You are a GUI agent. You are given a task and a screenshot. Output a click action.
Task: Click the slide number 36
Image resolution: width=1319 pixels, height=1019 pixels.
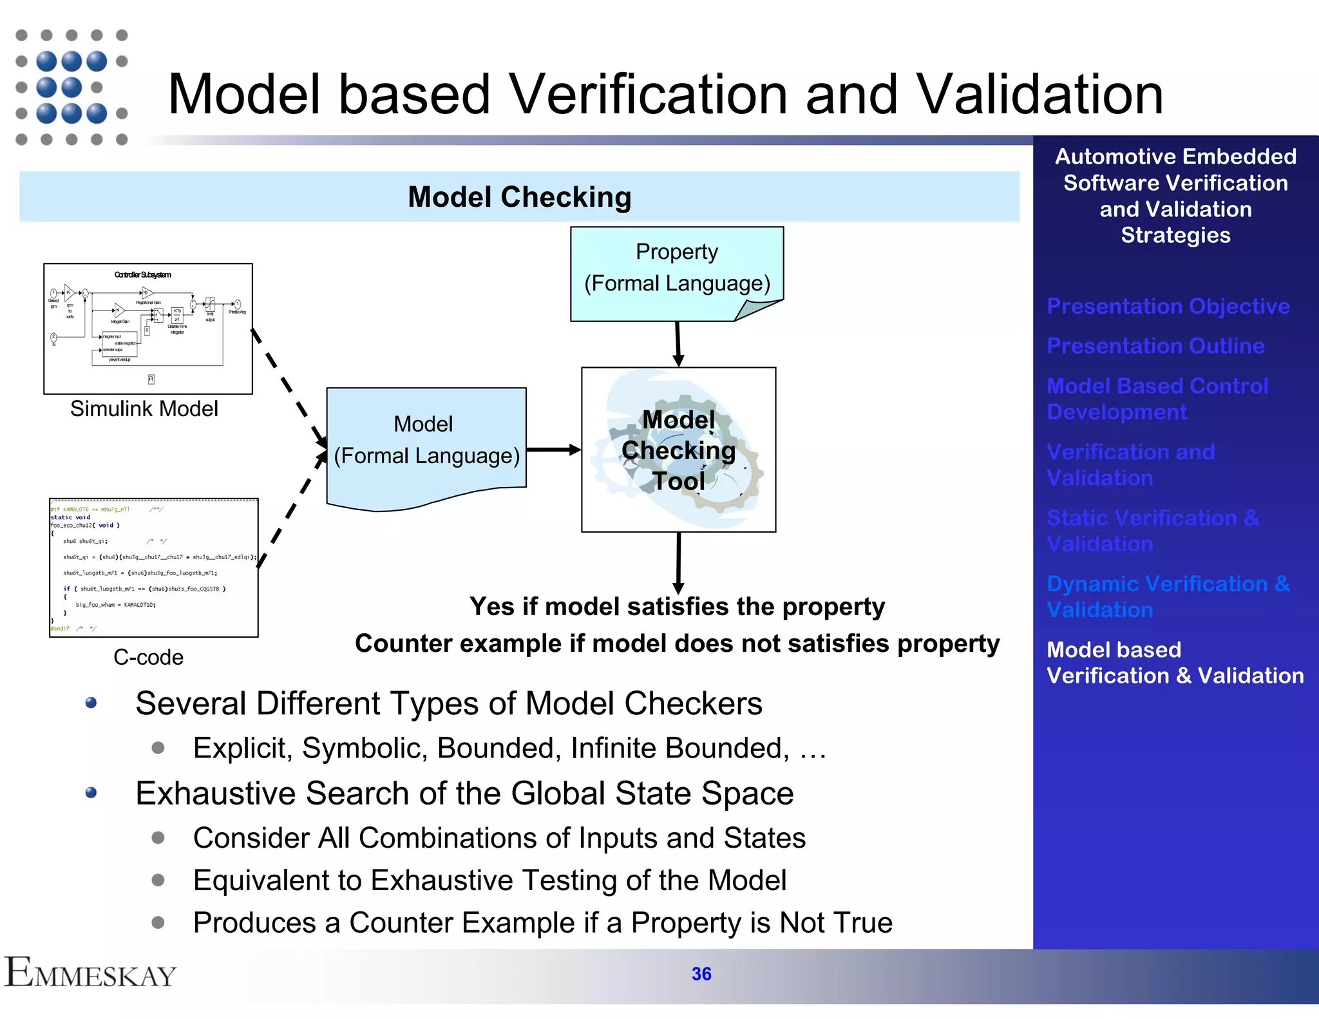click(x=701, y=973)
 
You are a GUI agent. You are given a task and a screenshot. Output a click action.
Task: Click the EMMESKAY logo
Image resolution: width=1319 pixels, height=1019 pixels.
click(x=90, y=973)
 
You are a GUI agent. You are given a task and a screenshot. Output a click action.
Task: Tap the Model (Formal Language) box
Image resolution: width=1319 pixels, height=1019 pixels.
click(x=426, y=442)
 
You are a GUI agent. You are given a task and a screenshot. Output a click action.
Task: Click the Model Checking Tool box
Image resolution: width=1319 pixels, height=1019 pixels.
click(x=678, y=450)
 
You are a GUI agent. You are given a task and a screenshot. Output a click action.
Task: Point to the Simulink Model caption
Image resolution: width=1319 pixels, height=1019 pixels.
click(x=144, y=408)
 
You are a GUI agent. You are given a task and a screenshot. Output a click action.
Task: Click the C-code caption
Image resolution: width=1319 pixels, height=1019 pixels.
click(x=148, y=657)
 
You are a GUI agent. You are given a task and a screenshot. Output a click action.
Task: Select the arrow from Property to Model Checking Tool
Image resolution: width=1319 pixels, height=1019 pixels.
click(x=678, y=343)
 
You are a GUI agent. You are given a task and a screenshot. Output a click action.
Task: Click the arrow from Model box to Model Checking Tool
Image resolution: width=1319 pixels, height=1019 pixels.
click(x=553, y=450)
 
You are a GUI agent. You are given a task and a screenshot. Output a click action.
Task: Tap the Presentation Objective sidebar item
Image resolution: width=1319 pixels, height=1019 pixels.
click(x=1168, y=306)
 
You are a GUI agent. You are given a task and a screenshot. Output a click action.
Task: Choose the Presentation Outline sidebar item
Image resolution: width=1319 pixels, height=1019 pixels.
click(x=1155, y=346)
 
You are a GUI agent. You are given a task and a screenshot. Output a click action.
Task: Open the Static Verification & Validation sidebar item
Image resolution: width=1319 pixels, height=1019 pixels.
click(x=1152, y=530)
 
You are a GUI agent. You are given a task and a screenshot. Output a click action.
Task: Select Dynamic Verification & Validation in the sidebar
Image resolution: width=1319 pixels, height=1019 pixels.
click(x=1168, y=596)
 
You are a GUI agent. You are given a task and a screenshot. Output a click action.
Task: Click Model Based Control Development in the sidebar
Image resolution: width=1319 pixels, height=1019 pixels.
click(x=1157, y=399)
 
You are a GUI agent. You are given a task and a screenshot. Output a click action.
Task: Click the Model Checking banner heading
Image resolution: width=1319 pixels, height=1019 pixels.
click(x=519, y=197)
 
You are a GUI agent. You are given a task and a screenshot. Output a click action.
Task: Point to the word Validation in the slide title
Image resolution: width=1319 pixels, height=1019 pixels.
click(x=1039, y=95)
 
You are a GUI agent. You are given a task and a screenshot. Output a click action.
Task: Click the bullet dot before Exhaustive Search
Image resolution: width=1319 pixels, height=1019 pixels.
click(x=91, y=792)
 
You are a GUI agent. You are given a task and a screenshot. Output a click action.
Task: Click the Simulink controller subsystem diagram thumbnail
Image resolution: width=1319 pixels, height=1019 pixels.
click(x=148, y=329)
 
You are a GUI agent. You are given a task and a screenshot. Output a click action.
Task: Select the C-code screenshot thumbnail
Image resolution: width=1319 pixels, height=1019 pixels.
click(x=154, y=567)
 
